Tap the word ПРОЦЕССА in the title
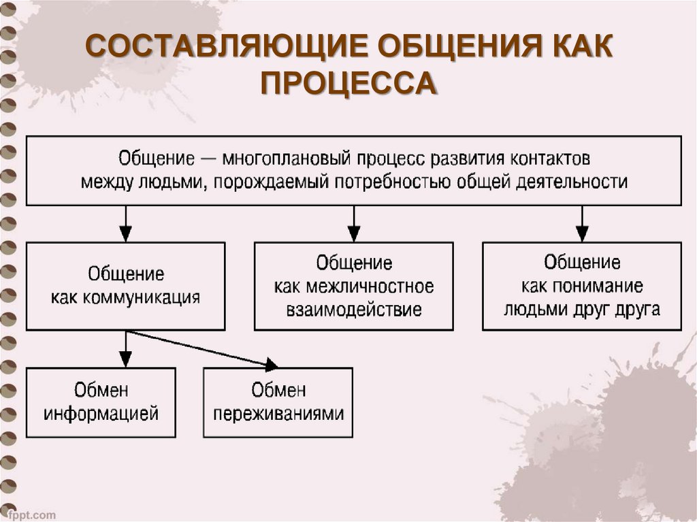[x=348, y=85]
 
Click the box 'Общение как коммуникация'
[x=126, y=287]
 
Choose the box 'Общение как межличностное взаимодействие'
[x=353, y=287]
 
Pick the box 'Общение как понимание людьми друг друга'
[x=582, y=287]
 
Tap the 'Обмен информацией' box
[x=101, y=402]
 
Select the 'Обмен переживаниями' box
[x=278, y=402]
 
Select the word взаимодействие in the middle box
[x=353, y=310]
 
